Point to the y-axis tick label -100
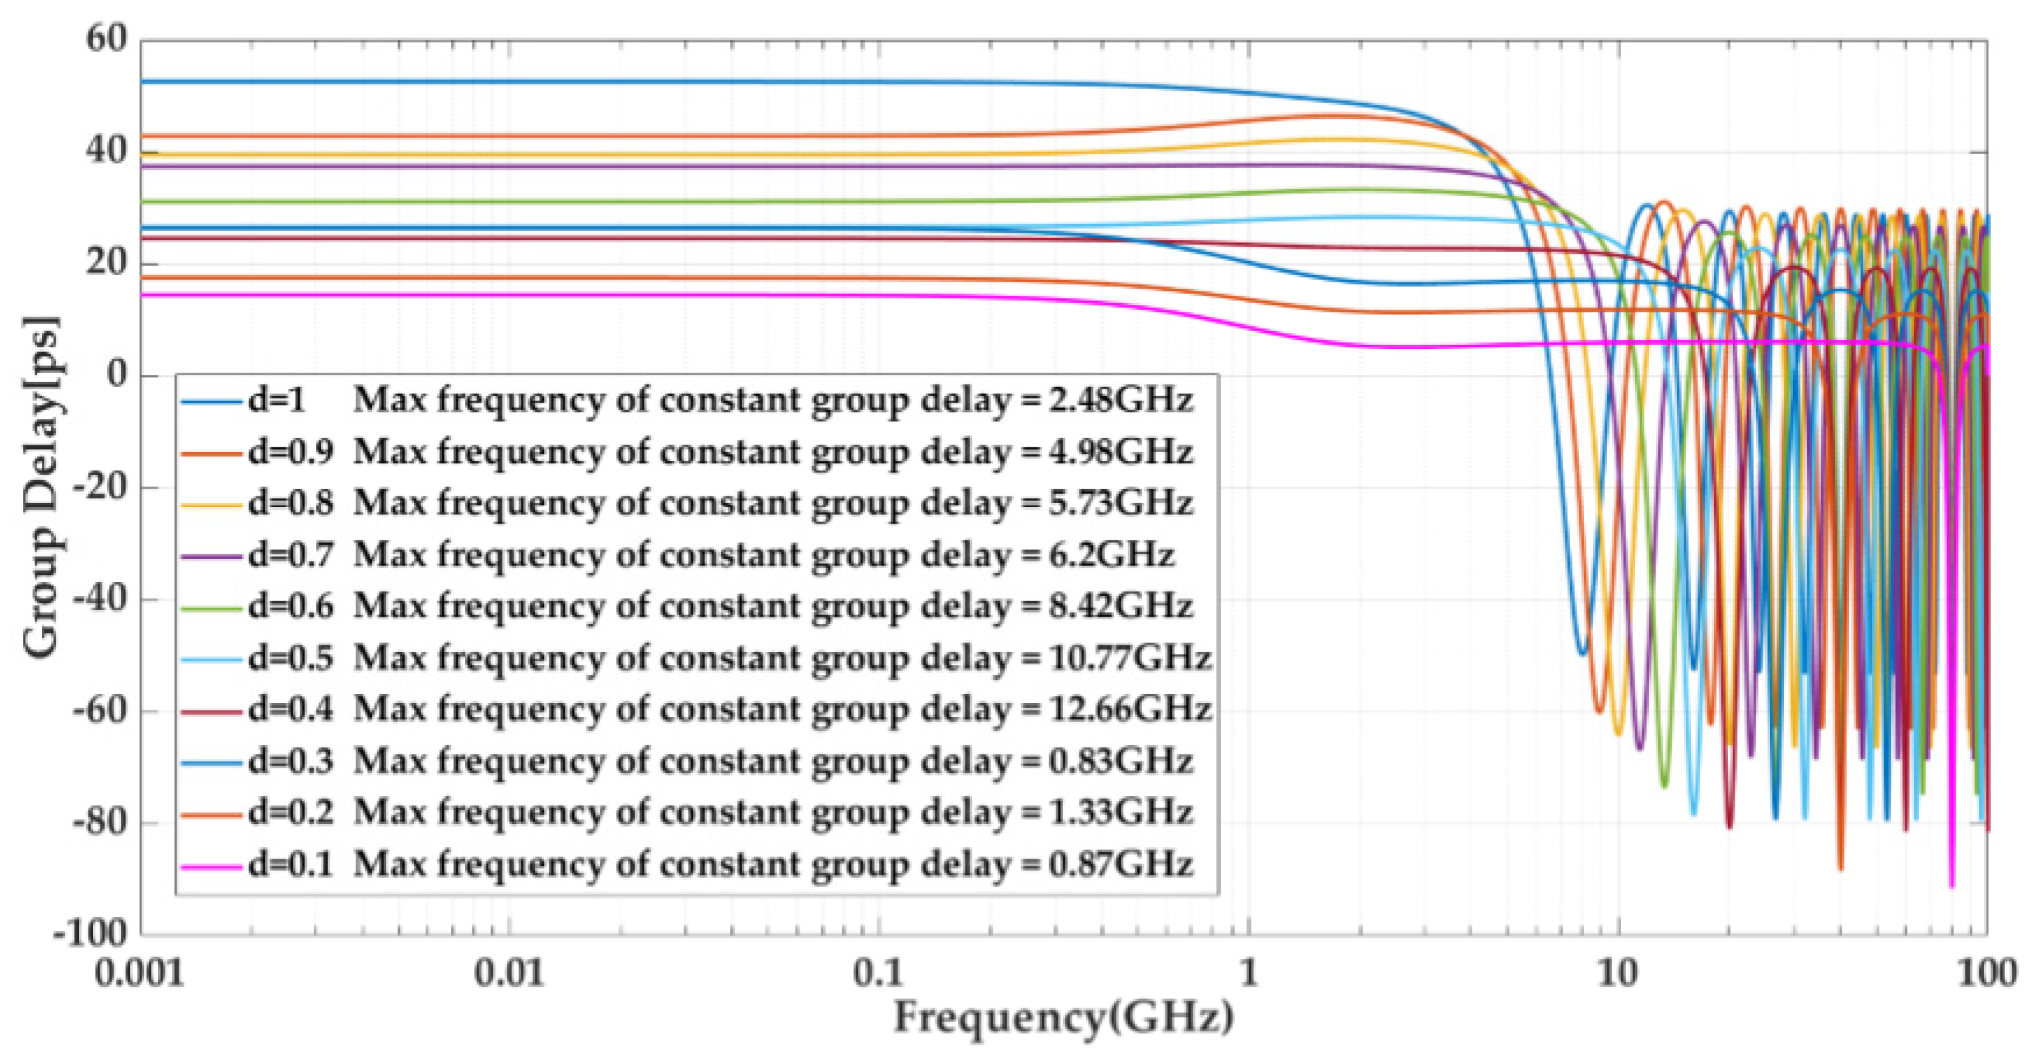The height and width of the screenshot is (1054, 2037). pos(90,934)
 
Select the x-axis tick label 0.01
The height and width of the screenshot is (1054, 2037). pos(509,972)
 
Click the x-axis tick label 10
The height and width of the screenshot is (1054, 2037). pos(1618,972)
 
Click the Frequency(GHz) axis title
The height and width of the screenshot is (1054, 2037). pos(1064,1017)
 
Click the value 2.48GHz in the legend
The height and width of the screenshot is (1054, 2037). pos(1119,401)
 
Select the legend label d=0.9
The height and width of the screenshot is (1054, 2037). pos(290,453)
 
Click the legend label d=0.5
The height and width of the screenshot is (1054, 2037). pos(290,658)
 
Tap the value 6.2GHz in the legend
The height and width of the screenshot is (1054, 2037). pos(1111,555)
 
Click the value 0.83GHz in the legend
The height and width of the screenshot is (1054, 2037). pos(1119,762)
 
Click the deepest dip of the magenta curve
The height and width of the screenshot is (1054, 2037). pos(1951,886)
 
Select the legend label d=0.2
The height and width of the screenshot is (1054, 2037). pos(290,813)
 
